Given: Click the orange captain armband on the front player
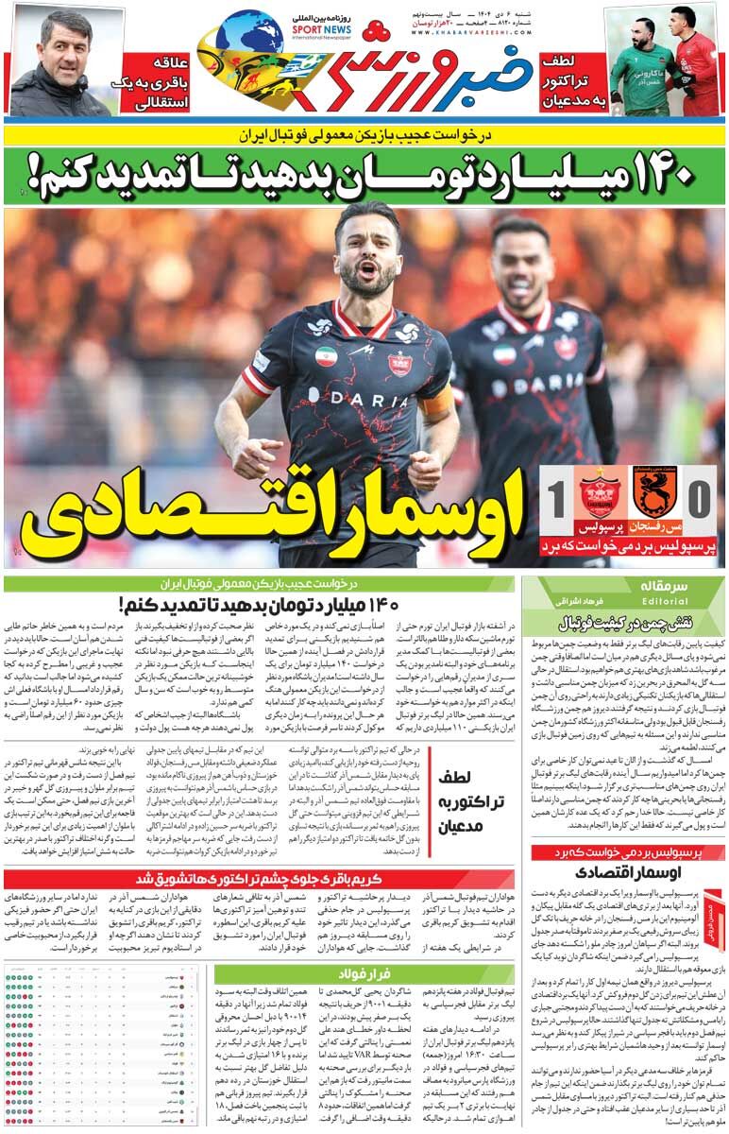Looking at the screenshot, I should pos(436,404).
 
